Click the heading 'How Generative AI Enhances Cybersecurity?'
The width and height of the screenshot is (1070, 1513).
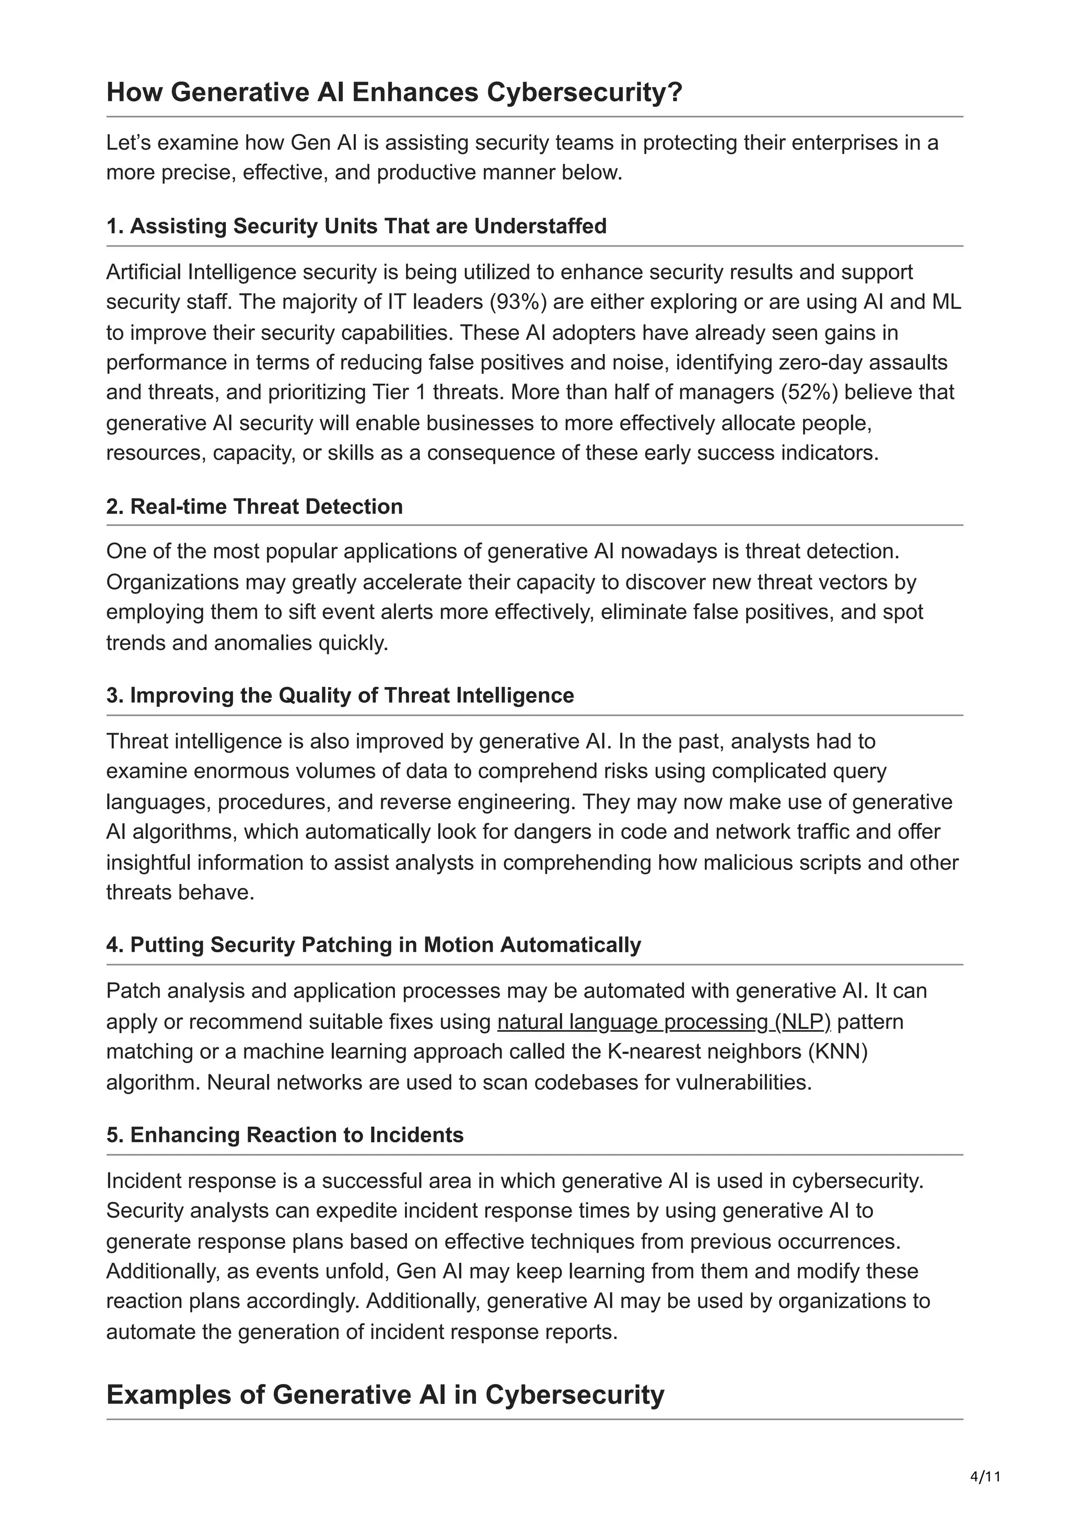(393, 92)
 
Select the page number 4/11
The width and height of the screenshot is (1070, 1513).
(985, 1476)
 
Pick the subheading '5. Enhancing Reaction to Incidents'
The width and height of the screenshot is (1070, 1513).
(285, 1135)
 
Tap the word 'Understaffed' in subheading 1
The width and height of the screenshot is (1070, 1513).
(541, 226)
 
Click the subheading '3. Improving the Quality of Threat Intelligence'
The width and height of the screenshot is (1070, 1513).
(340, 695)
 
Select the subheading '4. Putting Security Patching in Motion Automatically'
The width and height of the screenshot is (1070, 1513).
(373, 944)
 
